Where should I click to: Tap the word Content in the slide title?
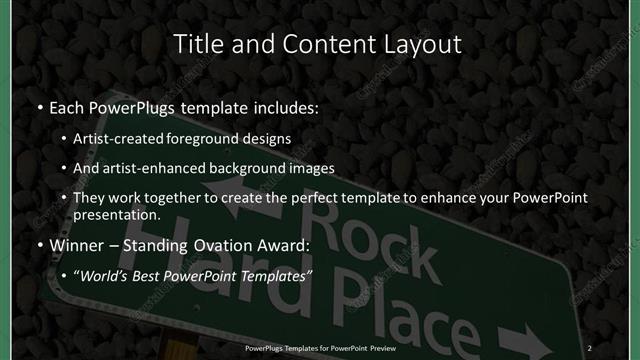tap(311, 44)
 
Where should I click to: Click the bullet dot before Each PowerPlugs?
tap(38, 106)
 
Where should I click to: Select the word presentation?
tap(116, 215)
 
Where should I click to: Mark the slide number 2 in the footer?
tap(592, 343)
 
